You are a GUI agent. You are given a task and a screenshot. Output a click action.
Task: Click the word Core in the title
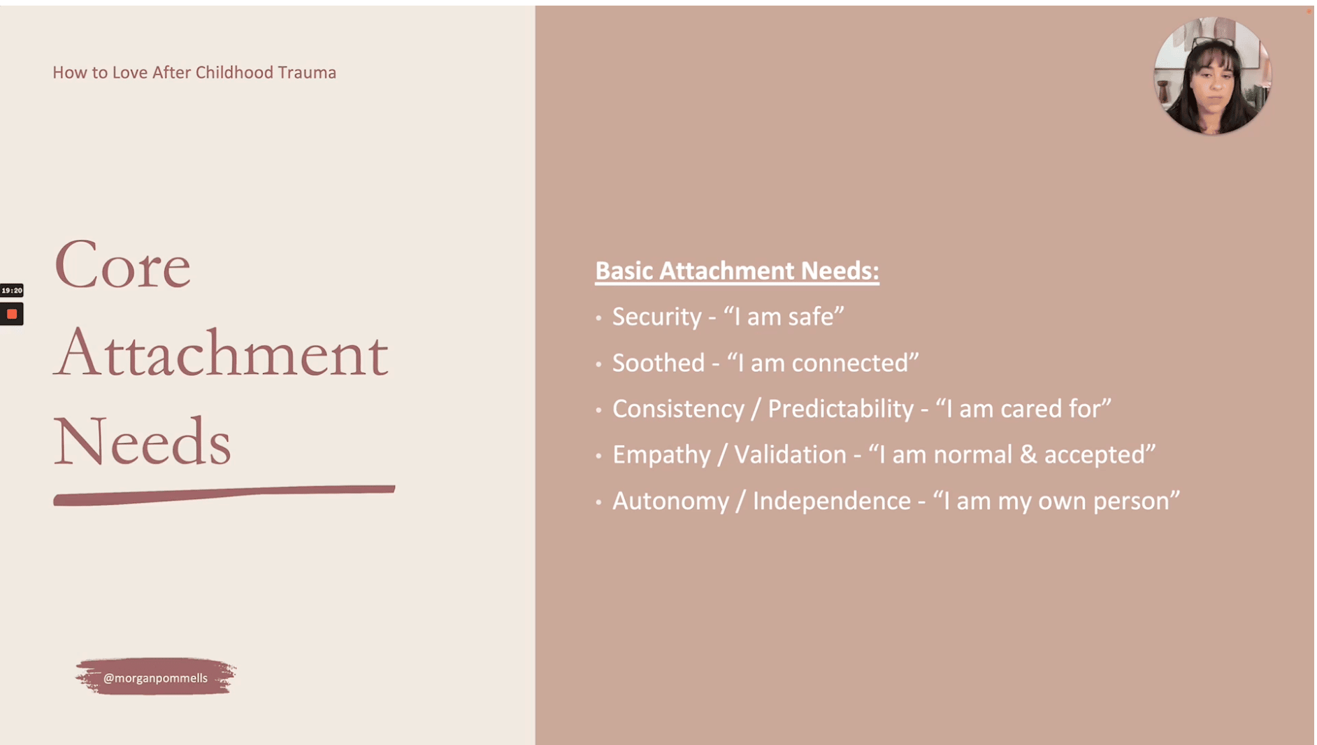pyautogui.click(x=122, y=265)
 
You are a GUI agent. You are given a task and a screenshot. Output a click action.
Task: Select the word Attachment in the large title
pyautogui.click(x=221, y=352)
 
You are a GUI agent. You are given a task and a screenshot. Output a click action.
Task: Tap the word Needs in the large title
pyautogui.click(x=143, y=441)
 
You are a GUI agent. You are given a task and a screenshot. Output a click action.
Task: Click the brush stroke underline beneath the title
pyautogui.click(x=224, y=495)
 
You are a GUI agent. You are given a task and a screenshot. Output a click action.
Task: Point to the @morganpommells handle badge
pyautogui.click(x=155, y=677)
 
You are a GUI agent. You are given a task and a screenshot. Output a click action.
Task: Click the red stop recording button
pyautogui.click(x=12, y=314)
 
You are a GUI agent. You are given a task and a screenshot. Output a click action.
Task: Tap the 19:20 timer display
pyautogui.click(x=12, y=290)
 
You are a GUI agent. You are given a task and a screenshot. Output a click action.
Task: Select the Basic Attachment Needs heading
pyautogui.click(x=737, y=271)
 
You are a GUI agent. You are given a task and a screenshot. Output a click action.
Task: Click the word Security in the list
pyautogui.click(x=657, y=317)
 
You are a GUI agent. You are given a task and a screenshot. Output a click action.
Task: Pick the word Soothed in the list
pyautogui.click(x=658, y=363)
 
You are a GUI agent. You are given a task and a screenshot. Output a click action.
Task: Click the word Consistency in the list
pyautogui.click(x=678, y=409)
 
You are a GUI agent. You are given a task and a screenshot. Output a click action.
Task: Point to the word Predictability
pyautogui.click(x=840, y=409)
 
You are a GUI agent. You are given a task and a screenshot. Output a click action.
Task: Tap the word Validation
pyautogui.click(x=790, y=455)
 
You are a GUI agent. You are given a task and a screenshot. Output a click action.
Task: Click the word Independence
pyautogui.click(x=832, y=501)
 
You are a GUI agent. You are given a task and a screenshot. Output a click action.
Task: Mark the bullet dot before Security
pyautogui.click(x=598, y=318)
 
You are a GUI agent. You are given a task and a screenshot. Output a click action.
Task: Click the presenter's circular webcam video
pyautogui.click(x=1212, y=75)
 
